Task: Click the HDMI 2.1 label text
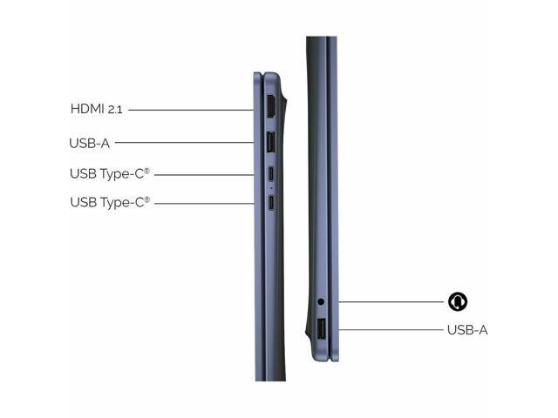click(x=97, y=109)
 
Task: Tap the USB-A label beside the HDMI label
click(x=89, y=143)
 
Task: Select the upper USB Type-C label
click(x=110, y=174)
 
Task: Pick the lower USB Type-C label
click(x=110, y=202)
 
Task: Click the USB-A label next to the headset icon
click(x=467, y=330)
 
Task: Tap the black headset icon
click(x=458, y=302)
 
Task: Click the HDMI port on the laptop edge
click(x=271, y=106)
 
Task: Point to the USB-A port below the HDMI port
click(x=271, y=142)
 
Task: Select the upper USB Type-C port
click(x=271, y=173)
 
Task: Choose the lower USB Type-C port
click(x=271, y=203)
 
